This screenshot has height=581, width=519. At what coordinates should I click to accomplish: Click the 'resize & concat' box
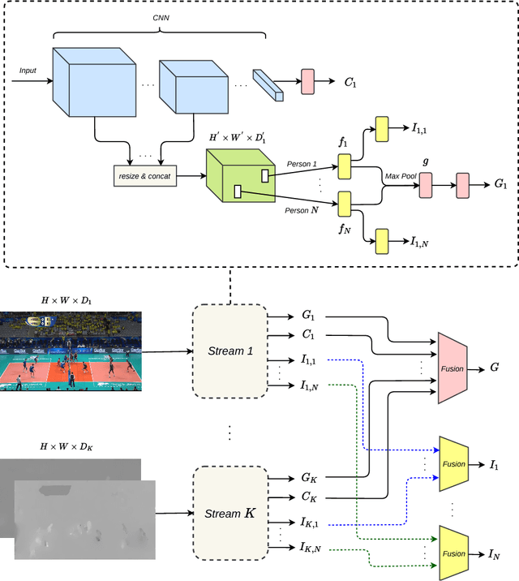(x=143, y=175)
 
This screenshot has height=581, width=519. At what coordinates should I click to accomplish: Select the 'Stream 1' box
(x=229, y=351)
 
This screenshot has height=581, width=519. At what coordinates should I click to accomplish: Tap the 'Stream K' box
(x=229, y=513)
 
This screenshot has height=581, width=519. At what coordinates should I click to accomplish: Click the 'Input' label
(x=28, y=71)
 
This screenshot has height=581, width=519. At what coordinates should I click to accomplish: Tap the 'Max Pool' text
(x=400, y=176)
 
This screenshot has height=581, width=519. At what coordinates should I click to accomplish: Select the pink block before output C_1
(x=307, y=81)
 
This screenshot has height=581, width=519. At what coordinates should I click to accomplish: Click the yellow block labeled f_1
(x=344, y=167)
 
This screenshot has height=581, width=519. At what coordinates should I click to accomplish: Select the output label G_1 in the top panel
(x=500, y=185)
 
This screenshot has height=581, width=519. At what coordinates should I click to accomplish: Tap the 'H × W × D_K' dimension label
(x=67, y=447)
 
